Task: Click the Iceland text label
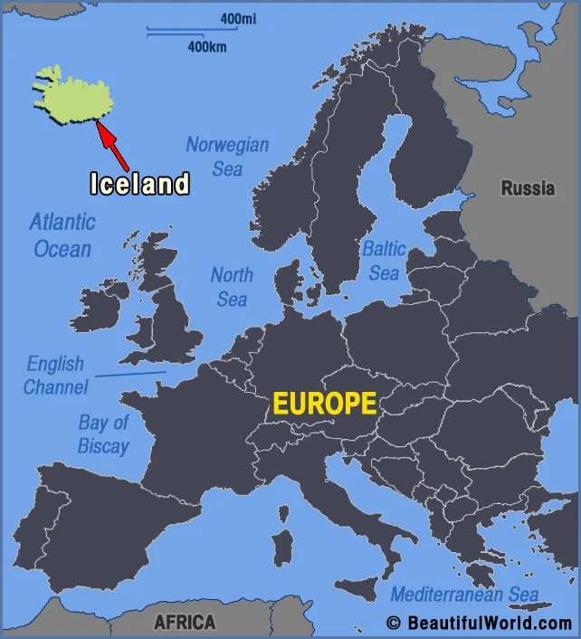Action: (139, 184)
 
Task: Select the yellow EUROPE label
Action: (325, 404)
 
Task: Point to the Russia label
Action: (528, 189)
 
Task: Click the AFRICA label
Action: (185, 622)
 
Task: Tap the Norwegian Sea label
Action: (227, 156)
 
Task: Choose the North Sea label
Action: (232, 286)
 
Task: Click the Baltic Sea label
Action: (384, 260)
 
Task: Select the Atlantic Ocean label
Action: (62, 234)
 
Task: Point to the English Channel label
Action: (55, 376)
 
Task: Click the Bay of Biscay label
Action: (103, 434)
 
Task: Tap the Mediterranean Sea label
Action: (464, 595)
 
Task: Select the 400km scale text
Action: (207, 46)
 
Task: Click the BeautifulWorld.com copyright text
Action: (479, 623)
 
